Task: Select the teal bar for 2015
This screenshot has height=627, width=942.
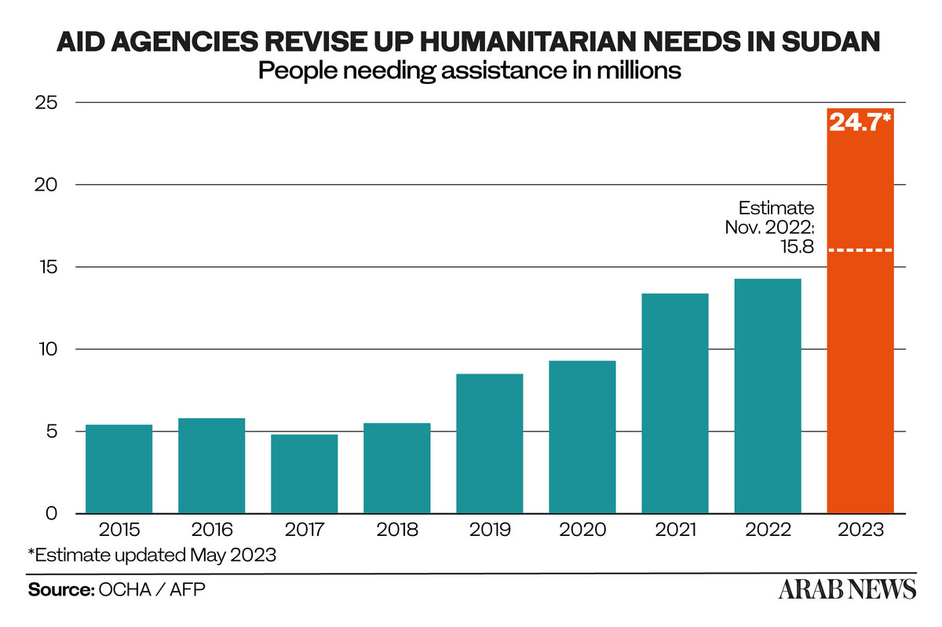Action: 119,468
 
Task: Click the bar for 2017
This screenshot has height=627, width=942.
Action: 304,473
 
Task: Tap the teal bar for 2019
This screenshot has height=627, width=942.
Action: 489,443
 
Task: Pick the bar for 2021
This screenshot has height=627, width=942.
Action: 674,403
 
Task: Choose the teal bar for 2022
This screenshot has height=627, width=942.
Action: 767,396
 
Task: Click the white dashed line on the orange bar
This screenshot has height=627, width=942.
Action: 860,250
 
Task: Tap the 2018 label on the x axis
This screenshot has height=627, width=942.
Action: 396,530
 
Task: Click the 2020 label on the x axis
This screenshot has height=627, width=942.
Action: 582,530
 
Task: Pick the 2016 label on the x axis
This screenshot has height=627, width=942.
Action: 211,530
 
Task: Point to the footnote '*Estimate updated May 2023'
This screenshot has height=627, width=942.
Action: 152,555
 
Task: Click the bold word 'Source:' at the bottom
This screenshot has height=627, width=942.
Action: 60,589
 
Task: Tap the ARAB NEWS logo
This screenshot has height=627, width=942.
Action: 847,589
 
